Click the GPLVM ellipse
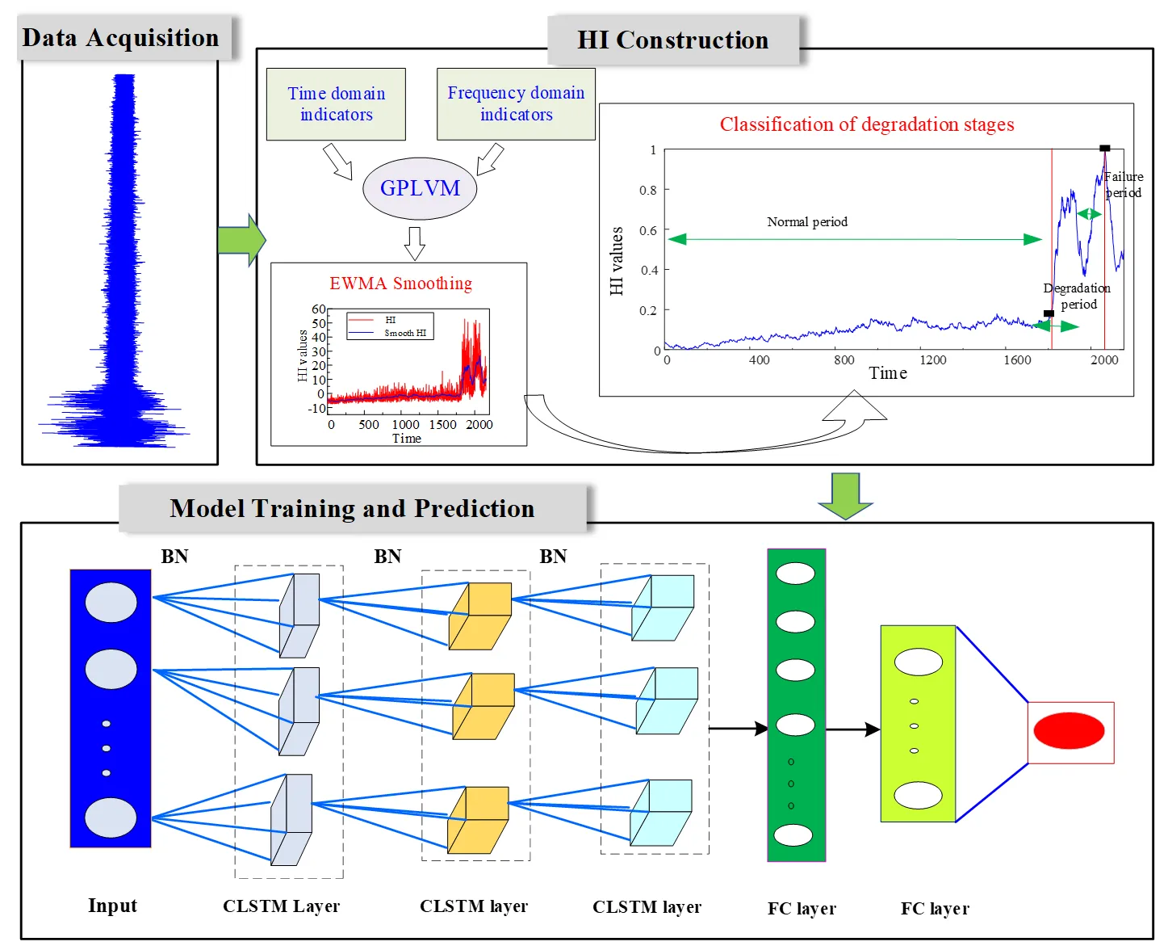click(x=420, y=188)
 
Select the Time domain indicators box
click(x=336, y=104)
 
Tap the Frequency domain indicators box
click(x=516, y=104)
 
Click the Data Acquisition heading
click(x=121, y=38)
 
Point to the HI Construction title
click(x=672, y=40)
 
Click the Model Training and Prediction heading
click(x=352, y=509)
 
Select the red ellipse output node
click(x=1069, y=731)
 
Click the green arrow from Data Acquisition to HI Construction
click(x=241, y=240)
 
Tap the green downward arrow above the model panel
click(x=845, y=495)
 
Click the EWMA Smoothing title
click(x=400, y=284)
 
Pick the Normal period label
click(x=807, y=222)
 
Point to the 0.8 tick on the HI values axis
click(x=648, y=191)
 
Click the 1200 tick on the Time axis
click(x=932, y=360)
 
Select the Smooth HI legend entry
click(x=404, y=333)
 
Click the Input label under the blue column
click(x=112, y=906)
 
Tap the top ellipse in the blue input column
click(x=111, y=603)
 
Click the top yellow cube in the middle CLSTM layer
click(x=480, y=616)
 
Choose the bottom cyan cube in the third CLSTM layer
click(x=661, y=812)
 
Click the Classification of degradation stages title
click(x=867, y=124)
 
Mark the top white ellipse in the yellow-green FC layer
click(x=918, y=662)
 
